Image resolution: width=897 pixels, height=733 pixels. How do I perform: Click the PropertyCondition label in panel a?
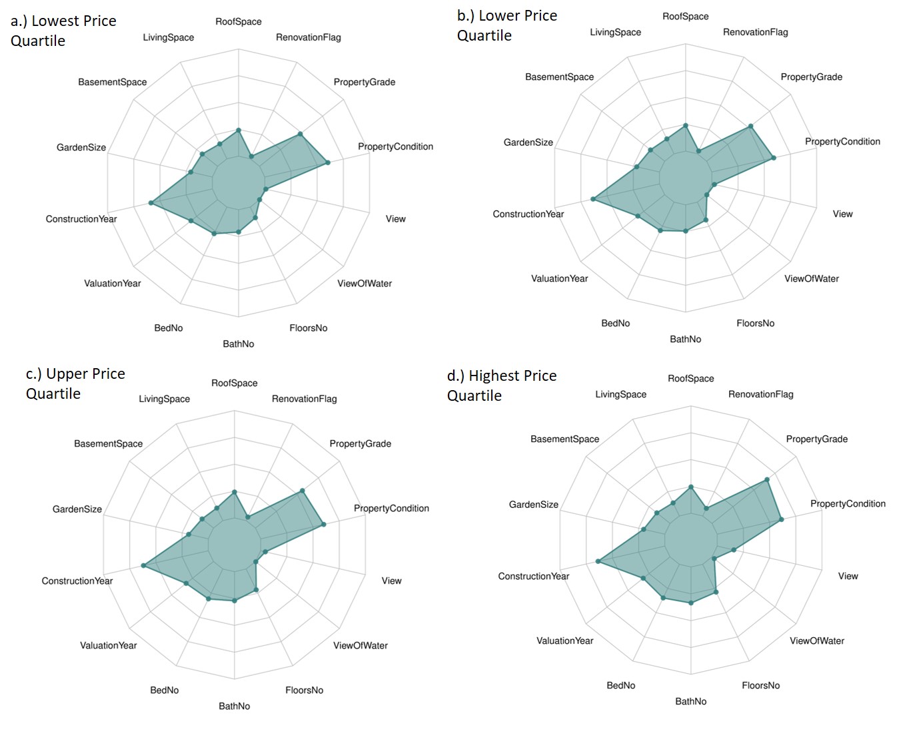395,146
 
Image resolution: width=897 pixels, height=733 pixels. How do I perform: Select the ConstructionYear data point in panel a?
151,202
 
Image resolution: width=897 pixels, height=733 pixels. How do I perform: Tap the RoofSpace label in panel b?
685,17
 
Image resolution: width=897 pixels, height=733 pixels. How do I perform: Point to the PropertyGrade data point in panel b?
750,126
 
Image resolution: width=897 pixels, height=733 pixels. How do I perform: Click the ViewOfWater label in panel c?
360,645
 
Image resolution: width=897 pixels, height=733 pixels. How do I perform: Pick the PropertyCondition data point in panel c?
323,525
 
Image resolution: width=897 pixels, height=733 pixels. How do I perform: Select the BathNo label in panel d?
690,701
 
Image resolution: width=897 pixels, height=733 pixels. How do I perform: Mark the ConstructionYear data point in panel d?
598,562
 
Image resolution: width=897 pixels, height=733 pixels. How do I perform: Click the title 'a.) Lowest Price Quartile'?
63,31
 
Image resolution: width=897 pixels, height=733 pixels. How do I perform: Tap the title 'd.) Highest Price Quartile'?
501,385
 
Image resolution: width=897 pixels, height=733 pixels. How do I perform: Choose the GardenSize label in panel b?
528,142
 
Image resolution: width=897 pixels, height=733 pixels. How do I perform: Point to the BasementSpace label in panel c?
108,443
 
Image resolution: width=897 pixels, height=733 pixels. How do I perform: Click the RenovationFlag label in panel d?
760,394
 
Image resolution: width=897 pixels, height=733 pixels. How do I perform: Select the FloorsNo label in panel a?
308,328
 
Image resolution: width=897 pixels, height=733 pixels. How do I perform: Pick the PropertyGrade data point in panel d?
767,479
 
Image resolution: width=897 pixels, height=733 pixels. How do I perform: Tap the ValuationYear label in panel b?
559,278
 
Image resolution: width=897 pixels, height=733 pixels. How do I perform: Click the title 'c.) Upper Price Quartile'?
75,383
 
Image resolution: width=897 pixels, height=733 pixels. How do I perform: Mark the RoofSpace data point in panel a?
239,130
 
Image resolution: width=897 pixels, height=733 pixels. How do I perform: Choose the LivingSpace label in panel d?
620,394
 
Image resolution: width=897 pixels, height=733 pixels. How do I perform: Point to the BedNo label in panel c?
164,690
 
